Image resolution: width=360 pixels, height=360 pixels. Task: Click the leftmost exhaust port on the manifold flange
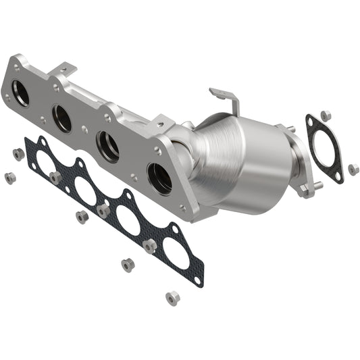[x=21, y=93]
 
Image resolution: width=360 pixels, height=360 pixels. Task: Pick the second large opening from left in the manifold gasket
[x=86, y=192]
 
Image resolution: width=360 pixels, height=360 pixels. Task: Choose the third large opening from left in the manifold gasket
[x=127, y=220]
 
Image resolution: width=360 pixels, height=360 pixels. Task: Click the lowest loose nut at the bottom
[x=172, y=297]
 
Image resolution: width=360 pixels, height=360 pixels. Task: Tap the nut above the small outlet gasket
[x=325, y=115]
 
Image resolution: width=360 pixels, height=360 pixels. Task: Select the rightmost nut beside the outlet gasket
[x=353, y=169]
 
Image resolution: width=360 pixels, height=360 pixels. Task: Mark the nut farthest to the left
[x=9, y=178]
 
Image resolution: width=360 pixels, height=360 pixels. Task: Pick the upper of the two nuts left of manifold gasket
[x=18, y=154]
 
